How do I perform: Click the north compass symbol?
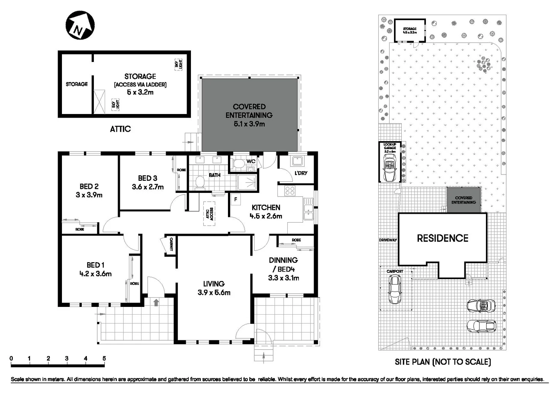coord(80,25)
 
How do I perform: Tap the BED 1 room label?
coord(95,265)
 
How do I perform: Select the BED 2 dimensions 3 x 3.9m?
coord(89,195)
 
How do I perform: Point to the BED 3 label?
coord(147,178)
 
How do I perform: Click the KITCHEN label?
coord(266,208)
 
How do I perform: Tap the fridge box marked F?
coord(236,200)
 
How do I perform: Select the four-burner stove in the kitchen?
coord(290,191)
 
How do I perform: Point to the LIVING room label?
coord(214,283)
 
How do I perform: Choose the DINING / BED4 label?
coord(283,264)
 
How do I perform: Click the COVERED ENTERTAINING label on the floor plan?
coord(249,111)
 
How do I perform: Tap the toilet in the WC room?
coord(239,164)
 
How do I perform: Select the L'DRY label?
coord(301,173)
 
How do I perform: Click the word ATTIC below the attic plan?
coord(120,129)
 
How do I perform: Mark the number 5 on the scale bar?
coord(104,359)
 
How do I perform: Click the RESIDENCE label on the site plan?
coord(442,238)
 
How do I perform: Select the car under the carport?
coord(395,290)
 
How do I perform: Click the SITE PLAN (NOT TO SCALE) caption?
coord(442,362)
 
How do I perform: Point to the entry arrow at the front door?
coord(156,302)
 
